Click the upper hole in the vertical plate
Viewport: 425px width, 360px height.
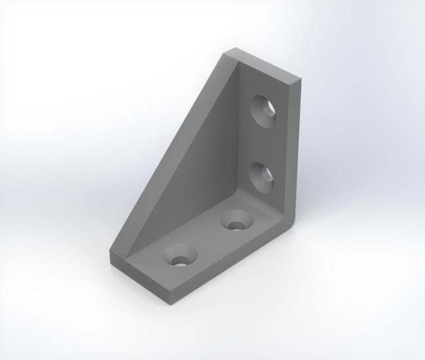265,109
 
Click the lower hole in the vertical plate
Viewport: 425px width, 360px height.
262,175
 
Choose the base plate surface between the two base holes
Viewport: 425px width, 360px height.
208,238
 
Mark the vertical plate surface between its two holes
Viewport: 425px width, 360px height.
263,143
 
